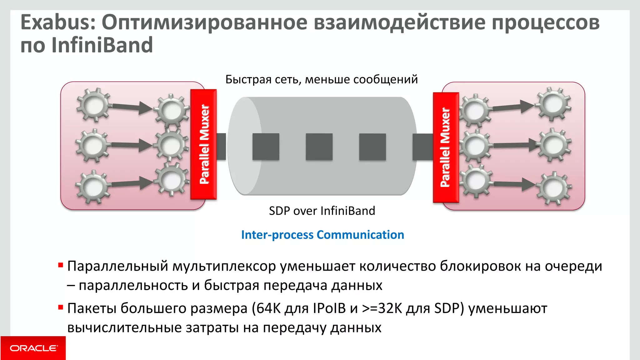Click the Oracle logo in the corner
33,348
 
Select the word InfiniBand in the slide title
102,45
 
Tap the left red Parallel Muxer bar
204,144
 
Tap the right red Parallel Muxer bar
446,147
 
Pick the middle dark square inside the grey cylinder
319,147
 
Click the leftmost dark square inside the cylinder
266,147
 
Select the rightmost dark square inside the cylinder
372,147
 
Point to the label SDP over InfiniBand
322,211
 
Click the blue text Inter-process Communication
322,235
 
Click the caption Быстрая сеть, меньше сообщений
322,79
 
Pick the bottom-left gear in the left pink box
93,187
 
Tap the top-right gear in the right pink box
553,104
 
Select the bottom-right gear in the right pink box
554,187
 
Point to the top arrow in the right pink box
512,107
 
